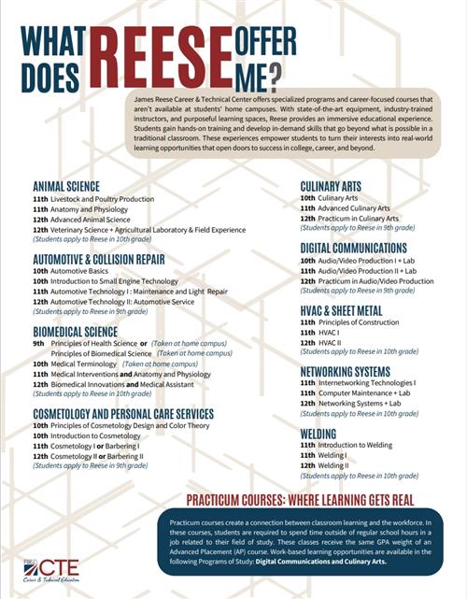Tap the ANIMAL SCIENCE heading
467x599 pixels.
(x=66, y=186)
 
